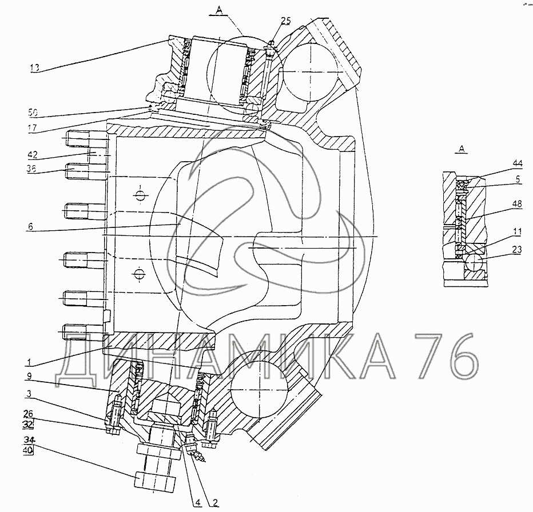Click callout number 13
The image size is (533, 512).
tap(35, 67)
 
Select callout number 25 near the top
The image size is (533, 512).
tap(286, 21)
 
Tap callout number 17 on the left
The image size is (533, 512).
tap(33, 128)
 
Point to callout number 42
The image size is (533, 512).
tap(33, 155)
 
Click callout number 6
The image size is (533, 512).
tap(30, 226)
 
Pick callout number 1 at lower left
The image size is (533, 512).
tap(30, 362)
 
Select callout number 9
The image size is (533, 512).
tap(30, 376)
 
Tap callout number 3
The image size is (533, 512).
tap(29, 394)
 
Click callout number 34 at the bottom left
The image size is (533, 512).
tap(29, 441)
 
